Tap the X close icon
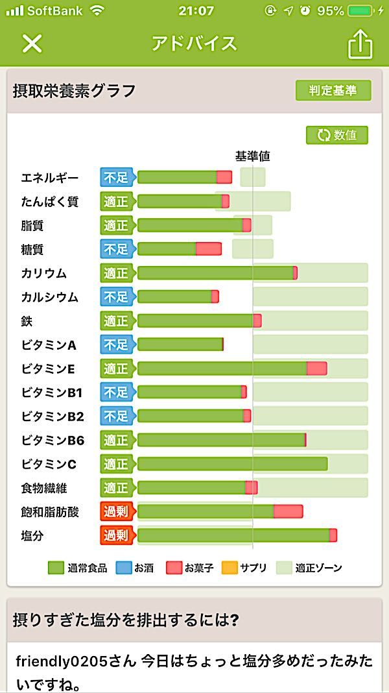click(32, 43)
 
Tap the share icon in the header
click(360, 44)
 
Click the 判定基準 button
click(333, 91)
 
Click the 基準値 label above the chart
click(252, 156)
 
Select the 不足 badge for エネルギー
click(116, 177)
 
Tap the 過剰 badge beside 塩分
click(116, 535)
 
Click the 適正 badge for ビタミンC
click(116, 464)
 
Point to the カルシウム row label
click(49, 297)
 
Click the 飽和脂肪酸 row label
click(49, 512)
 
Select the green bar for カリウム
click(215, 273)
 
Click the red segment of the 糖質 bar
click(208, 249)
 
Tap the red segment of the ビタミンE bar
click(316, 369)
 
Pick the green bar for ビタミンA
click(180, 345)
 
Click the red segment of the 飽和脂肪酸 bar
click(288, 512)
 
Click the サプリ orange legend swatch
click(230, 568)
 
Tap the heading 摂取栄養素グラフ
click(75, 91)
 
